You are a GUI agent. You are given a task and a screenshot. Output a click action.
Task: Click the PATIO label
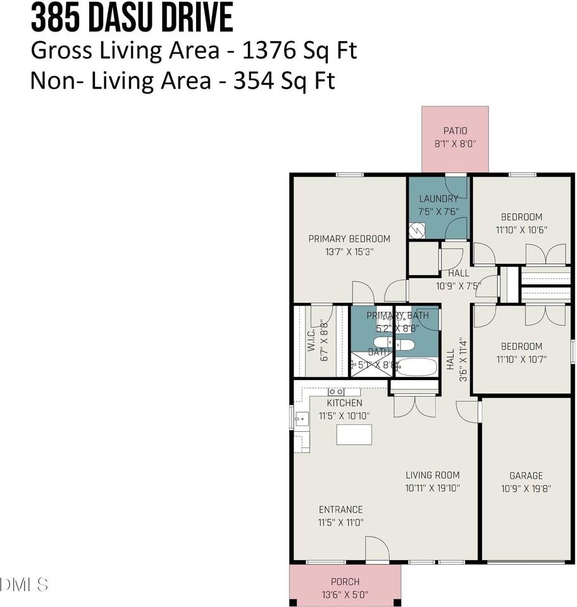pyautogui.click(x=455, y=131)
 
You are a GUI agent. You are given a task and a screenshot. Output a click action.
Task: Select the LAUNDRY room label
pyautogui.click(x=438, y=199)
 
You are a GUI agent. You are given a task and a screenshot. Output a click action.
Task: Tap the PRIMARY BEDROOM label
pyautogui.click(x=349, y=238)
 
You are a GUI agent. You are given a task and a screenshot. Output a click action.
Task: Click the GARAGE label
pyautogui.click(x=526, y=475)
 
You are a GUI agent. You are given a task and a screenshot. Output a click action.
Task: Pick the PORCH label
pyautogui.click(x=345, y=582)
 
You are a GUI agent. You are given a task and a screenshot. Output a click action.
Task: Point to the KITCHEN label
pyautogui.click(x=344, y=403)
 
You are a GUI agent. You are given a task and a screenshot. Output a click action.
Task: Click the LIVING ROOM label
pyautogui.click(x=433, y=475)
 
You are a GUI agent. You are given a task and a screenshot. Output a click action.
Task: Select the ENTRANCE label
pyautogui.click(x=340, y=510)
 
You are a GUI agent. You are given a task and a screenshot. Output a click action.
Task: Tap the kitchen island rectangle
pyautogui.click(x=354, y=435)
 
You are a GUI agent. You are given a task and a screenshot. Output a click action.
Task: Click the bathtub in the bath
pyautogui.click(x=414, y=367)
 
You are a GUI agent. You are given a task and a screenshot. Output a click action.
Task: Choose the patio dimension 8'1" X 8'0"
pyautogui.click(x=455, y=144)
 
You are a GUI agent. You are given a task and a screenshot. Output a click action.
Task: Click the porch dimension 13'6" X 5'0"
pyautogui.click(x=345, y=594)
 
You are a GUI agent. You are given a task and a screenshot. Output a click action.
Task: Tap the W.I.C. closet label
pyautogui.click(x=311, y=341)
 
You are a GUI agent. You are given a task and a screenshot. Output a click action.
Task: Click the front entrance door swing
pyautogui.click(x=377, y=549)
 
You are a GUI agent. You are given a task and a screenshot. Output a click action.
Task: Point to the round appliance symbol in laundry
pyautogui.click(x=416, y=231)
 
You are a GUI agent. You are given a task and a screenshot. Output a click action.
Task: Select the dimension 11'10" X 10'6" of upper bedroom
pyautogui.click(x=521, y=230)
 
